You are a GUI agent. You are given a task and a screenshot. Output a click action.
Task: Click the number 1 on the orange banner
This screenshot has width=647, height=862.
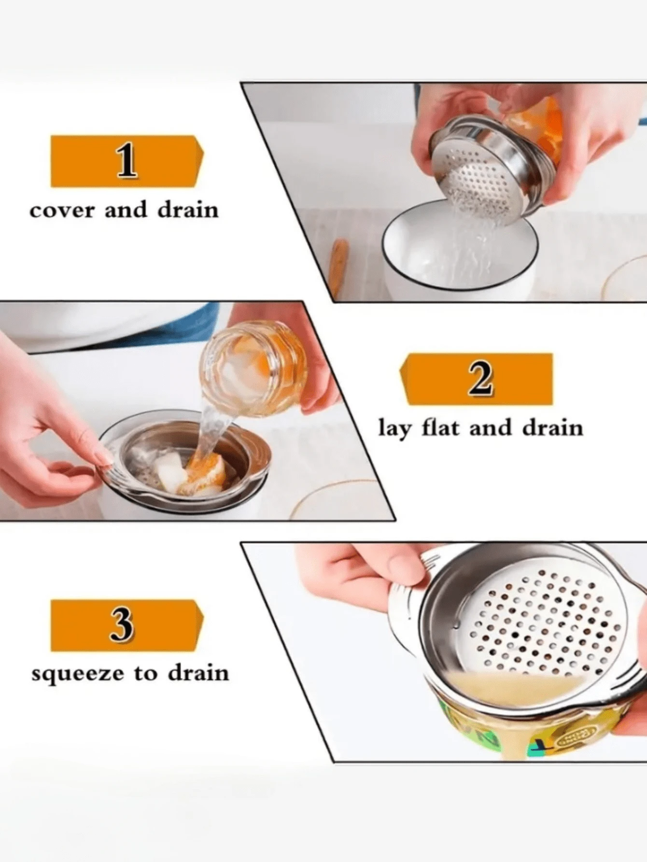pyautogui.click(x=127, y=161)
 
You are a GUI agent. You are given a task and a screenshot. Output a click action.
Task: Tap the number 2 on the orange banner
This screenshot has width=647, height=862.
pyautogui.click(x=480, y=379)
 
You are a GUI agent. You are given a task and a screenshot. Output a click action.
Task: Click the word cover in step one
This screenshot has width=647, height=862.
pyautogui.click(x=61, y=211)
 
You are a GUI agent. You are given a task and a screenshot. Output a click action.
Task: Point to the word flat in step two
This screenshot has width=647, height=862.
pyautogui.click(x=440, y=428)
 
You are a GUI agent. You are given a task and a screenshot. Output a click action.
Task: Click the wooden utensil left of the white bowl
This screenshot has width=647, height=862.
pyautogui.click(x=338, y=266)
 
